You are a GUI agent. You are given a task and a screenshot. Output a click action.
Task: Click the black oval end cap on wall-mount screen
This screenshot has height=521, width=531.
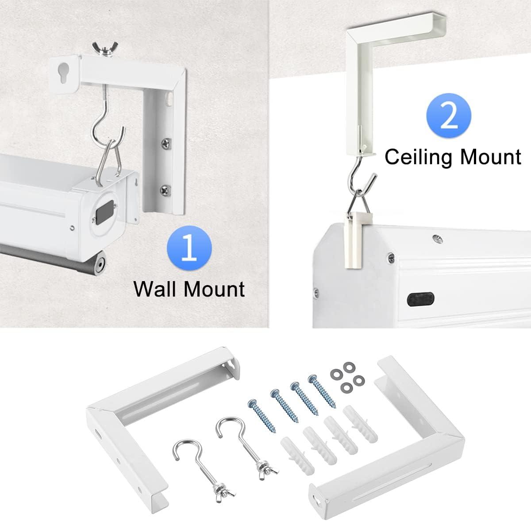(x=105, y=209)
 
